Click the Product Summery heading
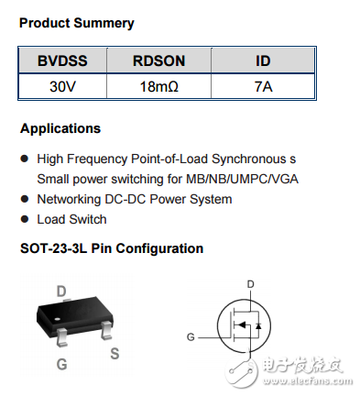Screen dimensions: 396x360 [x=76, y=24]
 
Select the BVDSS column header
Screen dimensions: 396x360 [x=60, y=61]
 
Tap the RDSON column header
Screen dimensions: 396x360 [x=158, y=61]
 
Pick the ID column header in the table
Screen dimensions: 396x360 [x=264, y=61]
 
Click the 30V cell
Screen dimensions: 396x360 [x=60, y=88]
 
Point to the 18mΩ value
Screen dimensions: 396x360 [x=158, y=88]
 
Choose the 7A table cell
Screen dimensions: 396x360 [x=264, y=88]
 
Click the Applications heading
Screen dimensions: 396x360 [x=60, y=128]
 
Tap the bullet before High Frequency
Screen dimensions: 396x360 [x=25, y=159]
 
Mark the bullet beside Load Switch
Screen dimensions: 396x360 [x=25, y=220]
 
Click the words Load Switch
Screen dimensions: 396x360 [x=71, y=220]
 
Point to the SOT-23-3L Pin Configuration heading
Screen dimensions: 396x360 [x=111, y=248]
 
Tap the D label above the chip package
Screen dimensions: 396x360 [x=61, y=291]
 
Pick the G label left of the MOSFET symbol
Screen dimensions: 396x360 [x=191, y=336]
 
